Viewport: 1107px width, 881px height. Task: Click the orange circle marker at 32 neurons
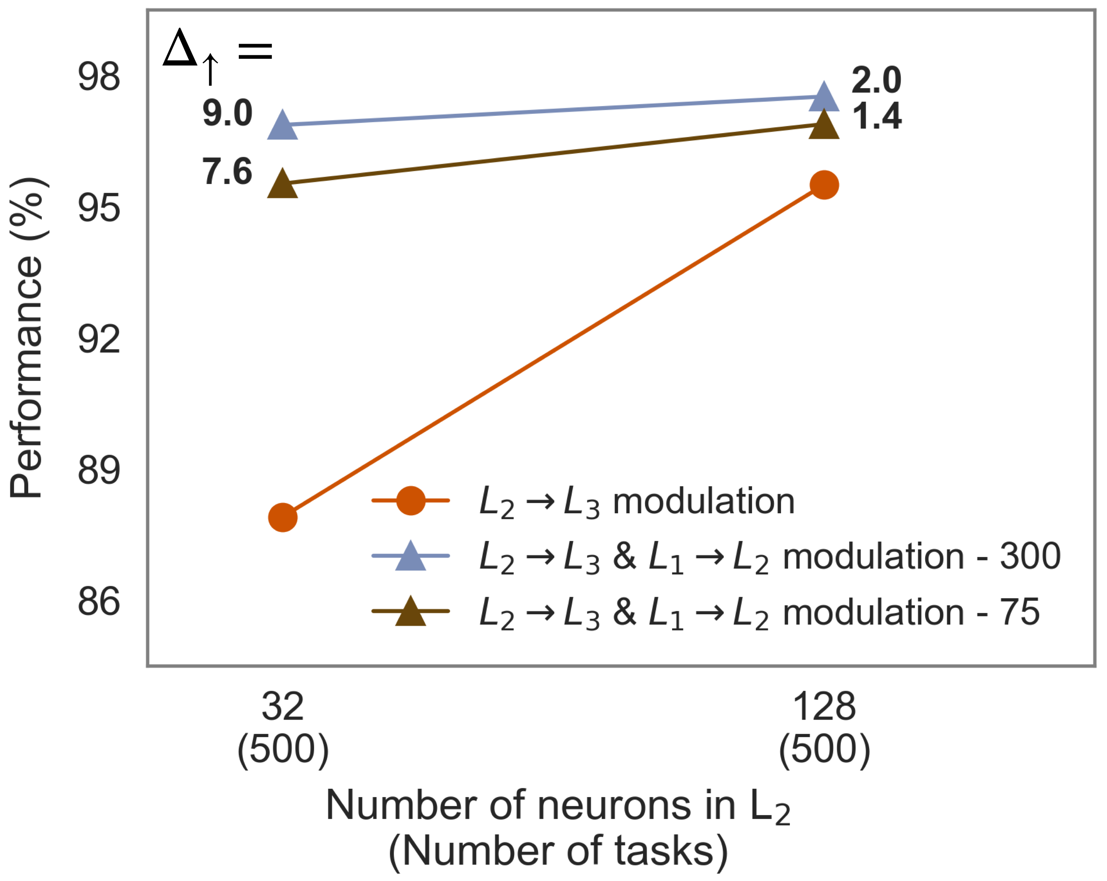click(283, 517)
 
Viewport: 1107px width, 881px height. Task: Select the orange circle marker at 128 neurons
click(824, 185)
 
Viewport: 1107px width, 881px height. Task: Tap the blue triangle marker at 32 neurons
click(283, 126)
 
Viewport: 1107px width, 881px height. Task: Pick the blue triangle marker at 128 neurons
click(824, 97)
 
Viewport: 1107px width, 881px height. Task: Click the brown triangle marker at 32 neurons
click(283, 184)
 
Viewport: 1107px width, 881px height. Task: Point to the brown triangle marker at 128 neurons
click(824, 126)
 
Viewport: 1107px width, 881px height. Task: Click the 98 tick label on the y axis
click(99, 77)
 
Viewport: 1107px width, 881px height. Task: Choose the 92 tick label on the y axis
click(99, 339)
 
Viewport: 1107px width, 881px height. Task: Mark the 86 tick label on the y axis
click(99, 602)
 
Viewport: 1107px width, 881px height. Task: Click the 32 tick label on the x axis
click(283, 707)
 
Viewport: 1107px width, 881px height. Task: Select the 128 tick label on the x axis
click(824, 707)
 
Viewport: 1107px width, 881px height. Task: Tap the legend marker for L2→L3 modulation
click(411, 500)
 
